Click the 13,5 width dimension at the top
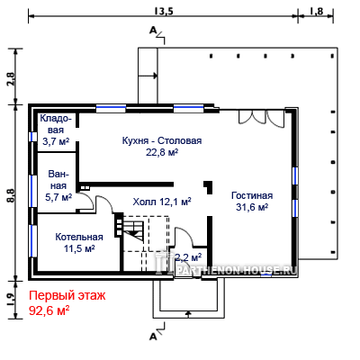[164, 11]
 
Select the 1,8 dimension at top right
[316, 11]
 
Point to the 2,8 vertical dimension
[11, 79]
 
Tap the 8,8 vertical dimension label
[11, 195]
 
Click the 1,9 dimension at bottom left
[11, 299]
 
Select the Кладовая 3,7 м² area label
[56, 130]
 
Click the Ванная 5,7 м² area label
[58, 185]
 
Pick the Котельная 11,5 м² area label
[79, 243]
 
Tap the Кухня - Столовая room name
[162, 140]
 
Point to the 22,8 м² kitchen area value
[162, 152]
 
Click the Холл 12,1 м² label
[162, 202]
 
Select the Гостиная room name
[252, 195]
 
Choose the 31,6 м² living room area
[252, 207]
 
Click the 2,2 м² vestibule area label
[188, 257]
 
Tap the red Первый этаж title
[67, 296]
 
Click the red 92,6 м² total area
[49, 310]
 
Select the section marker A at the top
[153, 30]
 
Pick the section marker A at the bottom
[153, 337]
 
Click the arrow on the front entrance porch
[188, 314]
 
